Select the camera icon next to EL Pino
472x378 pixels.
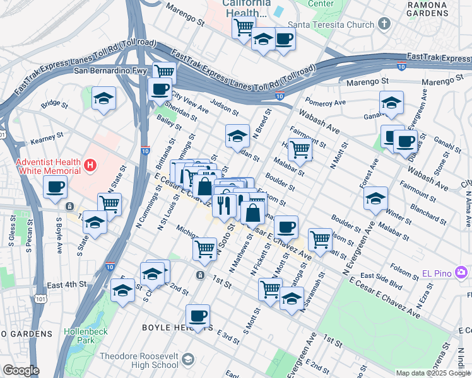462,272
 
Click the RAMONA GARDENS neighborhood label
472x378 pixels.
445,9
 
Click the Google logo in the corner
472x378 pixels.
20,370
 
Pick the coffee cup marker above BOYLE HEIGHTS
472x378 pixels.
198,315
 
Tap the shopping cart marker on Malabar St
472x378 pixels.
300,149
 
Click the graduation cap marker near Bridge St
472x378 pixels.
104,98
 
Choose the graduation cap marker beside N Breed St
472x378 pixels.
237,135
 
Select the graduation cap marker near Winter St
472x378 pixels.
375,198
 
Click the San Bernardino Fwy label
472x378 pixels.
111,70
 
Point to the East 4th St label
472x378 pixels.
66,285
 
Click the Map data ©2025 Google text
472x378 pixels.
433,373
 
